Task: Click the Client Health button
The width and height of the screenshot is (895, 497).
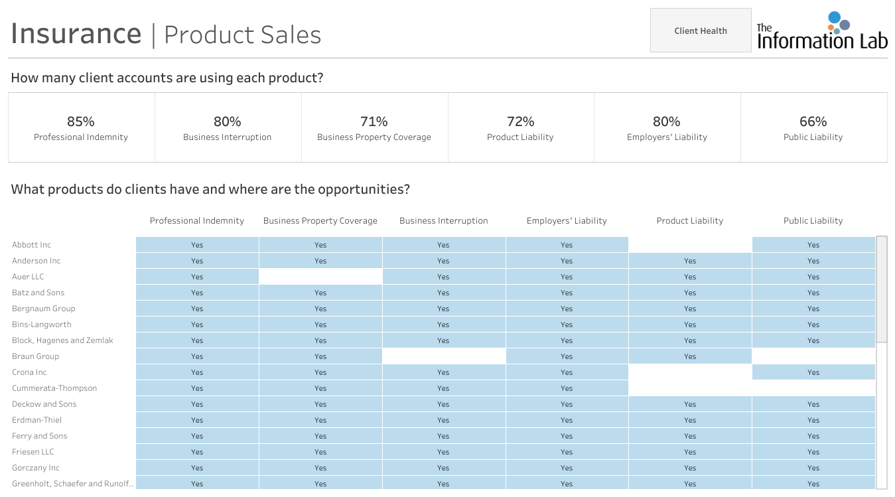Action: [x=701, y=31]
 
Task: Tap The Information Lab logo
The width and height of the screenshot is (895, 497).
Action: [x=821, y=31]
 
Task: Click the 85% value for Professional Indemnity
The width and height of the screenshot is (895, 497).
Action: [x=81, y=121]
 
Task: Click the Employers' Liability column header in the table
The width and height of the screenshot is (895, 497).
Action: [x=567, y=220]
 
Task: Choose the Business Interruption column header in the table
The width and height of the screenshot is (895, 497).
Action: [x=443, y=220]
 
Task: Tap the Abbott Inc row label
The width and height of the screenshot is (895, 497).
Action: [x=31, y=244]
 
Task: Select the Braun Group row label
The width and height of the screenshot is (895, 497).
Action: [x=35, y=356]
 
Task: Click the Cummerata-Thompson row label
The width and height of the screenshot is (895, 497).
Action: [x=54, y=388]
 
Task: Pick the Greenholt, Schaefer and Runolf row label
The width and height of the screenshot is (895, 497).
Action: [x=72, y=484]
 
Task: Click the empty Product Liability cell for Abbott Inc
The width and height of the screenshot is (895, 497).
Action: [x=690, y=244]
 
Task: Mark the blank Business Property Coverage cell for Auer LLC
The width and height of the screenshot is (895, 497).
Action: [x=320, y=277]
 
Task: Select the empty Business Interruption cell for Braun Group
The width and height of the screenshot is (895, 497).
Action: [x=443, y=356]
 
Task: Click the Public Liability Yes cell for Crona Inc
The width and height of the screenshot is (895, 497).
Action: [x=813, y=372]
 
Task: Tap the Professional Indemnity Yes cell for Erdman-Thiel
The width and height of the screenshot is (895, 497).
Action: [x=197, y=420]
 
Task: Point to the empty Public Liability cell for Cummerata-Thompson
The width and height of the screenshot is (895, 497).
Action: [x=813, y=388]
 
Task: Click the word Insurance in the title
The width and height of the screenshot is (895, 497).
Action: [x=76, y=34]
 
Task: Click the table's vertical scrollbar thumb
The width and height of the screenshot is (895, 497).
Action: [x=882, y=289]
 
